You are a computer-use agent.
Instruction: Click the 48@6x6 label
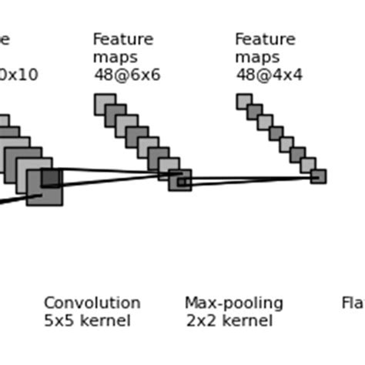coord(127,75)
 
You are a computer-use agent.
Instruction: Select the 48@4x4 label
coord(269,75)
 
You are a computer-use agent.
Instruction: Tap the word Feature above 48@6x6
coord(122,39)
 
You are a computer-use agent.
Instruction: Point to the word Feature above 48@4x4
coord(265,39)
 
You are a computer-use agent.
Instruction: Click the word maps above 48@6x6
coord(115,58)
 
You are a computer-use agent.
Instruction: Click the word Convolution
coord(92,303)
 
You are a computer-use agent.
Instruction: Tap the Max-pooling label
coord(233,303)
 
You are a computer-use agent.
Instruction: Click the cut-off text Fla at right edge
coord(353,303)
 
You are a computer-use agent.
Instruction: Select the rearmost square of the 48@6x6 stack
coord(104,103)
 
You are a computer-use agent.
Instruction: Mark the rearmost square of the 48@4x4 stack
coord(243,101)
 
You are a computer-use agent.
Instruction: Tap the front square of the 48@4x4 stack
coord(318,176)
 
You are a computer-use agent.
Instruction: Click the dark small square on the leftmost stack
coord(50,178)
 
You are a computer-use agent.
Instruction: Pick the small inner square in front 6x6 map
coord(182,182)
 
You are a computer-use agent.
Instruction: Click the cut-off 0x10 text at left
coord(18,75)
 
